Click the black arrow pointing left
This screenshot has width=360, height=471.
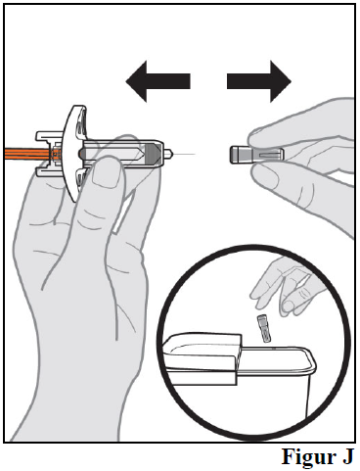(x=157, y=81)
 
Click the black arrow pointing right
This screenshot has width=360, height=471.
(x=259, y=81)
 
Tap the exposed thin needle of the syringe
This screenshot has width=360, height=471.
(x=184, y=154)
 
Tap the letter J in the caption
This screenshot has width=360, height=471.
(x=347, y=456)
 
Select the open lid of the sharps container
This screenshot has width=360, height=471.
(x=202, y=357)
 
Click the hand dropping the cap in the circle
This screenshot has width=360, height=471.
(x=286, y=287)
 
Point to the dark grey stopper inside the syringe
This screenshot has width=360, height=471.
(x=153, y=154)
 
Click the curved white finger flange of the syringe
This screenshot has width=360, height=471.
(x=75, y=154)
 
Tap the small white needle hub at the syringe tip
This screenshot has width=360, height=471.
(x=168, y=154)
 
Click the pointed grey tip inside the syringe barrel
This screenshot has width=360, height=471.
(x=140, y=154)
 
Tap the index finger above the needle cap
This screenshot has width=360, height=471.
(x=293, y=129)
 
